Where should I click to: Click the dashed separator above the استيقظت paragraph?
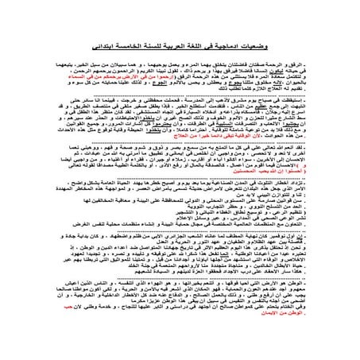click(x=180, y=98)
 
